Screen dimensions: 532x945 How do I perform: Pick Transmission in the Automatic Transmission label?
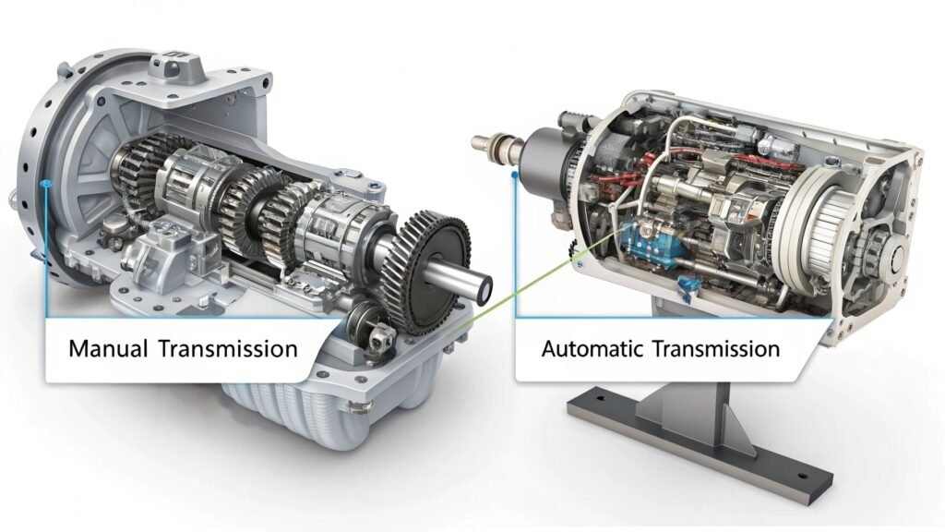pyautogui.click(x=719, y=349)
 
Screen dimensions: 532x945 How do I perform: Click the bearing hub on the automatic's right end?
pyautogui.click(x=882, y=254)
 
